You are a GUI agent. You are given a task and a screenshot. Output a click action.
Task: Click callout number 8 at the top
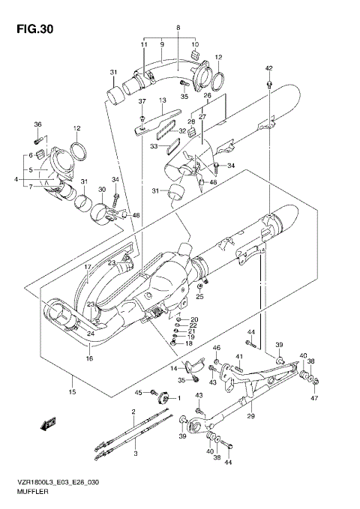(178, 28)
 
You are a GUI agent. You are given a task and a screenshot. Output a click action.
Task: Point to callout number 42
(268, 68)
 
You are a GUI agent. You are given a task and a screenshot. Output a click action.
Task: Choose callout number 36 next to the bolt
(37, 124)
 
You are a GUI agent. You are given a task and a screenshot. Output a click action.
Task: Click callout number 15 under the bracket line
(73, 391)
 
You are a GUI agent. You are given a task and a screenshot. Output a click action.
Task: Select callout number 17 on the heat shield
(87, 267)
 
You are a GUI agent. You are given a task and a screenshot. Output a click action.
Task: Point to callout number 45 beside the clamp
(138, 392)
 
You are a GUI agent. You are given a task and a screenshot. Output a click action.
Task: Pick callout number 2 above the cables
(133, 412)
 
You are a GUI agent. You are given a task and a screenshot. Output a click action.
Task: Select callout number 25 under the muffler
(199, 297)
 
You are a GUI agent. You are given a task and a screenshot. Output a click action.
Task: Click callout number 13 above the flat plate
(161, 100)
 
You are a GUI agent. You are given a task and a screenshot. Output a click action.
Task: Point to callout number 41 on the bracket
(240, 356)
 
